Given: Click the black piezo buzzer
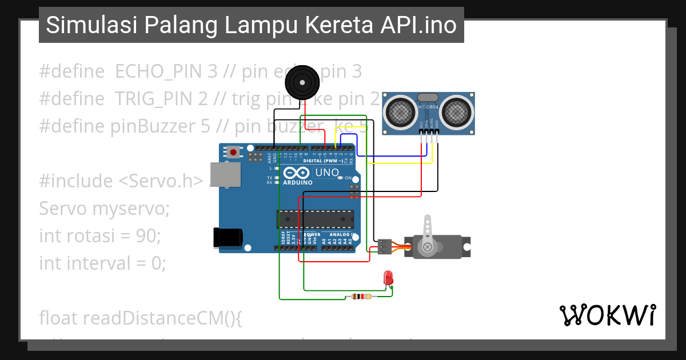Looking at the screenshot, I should [302, 82].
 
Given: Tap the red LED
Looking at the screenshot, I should [389, 278].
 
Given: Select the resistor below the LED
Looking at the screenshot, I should [359, 297].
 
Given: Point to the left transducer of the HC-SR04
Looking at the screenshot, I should [400, 112].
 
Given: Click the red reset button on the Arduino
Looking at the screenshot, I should [233, 153].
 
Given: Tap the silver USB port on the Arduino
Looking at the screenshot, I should [225, 175].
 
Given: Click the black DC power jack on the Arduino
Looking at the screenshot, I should [228, 238].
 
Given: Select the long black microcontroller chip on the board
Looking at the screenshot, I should [314, 218].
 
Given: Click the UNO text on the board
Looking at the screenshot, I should [327, 172].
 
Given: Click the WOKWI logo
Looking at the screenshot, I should [607, 315].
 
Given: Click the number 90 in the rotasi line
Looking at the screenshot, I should [150, 235].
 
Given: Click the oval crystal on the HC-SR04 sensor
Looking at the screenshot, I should [429, 98].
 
